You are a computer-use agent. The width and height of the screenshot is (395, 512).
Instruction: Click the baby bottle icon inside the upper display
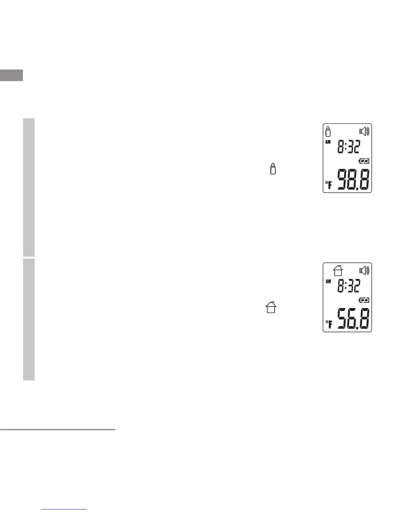pyautogui.click(x=328, y=131)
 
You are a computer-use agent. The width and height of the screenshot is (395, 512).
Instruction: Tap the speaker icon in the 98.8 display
pyautogui.click(x=364, y=131)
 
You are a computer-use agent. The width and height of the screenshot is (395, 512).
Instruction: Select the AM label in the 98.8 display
pyautogui.click(x=328, y=142)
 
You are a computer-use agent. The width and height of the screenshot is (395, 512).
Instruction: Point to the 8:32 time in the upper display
pyautogui.click(x=349, y=146)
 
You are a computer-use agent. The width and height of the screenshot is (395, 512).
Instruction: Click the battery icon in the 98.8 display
pyautogui.click(x=364, y=161)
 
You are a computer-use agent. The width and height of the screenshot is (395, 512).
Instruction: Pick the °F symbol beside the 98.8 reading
pyautogui.click(x=329, y=185)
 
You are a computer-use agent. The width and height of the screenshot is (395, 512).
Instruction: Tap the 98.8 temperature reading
pyautogui.click(x=353, y=179)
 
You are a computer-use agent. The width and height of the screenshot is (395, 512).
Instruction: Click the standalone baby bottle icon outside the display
pyautogui.click(x=273, y=168)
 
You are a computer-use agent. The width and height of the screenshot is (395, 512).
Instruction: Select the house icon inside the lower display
pyautogui.click(x=338, y=271)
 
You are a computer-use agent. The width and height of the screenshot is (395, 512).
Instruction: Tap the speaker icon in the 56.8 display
pyautogui.click(x=364, y=271)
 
